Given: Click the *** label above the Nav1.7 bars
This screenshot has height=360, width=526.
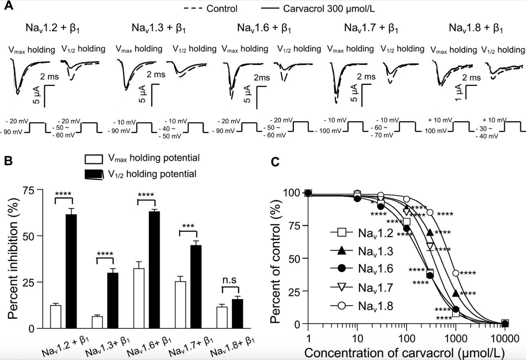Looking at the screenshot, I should pyautogui.click(x=188, y=226).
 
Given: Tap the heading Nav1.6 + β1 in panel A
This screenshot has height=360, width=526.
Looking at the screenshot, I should pyautogui.click(x=264, y=28).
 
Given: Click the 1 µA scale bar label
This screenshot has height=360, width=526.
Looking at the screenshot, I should pyautogui.click(x=459, y=92).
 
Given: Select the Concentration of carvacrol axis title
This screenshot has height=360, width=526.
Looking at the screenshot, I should pyautogui.click(x=404, y=353).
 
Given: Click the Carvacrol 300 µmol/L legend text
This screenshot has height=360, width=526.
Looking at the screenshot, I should pyautogui.click(x=329, y=8).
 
